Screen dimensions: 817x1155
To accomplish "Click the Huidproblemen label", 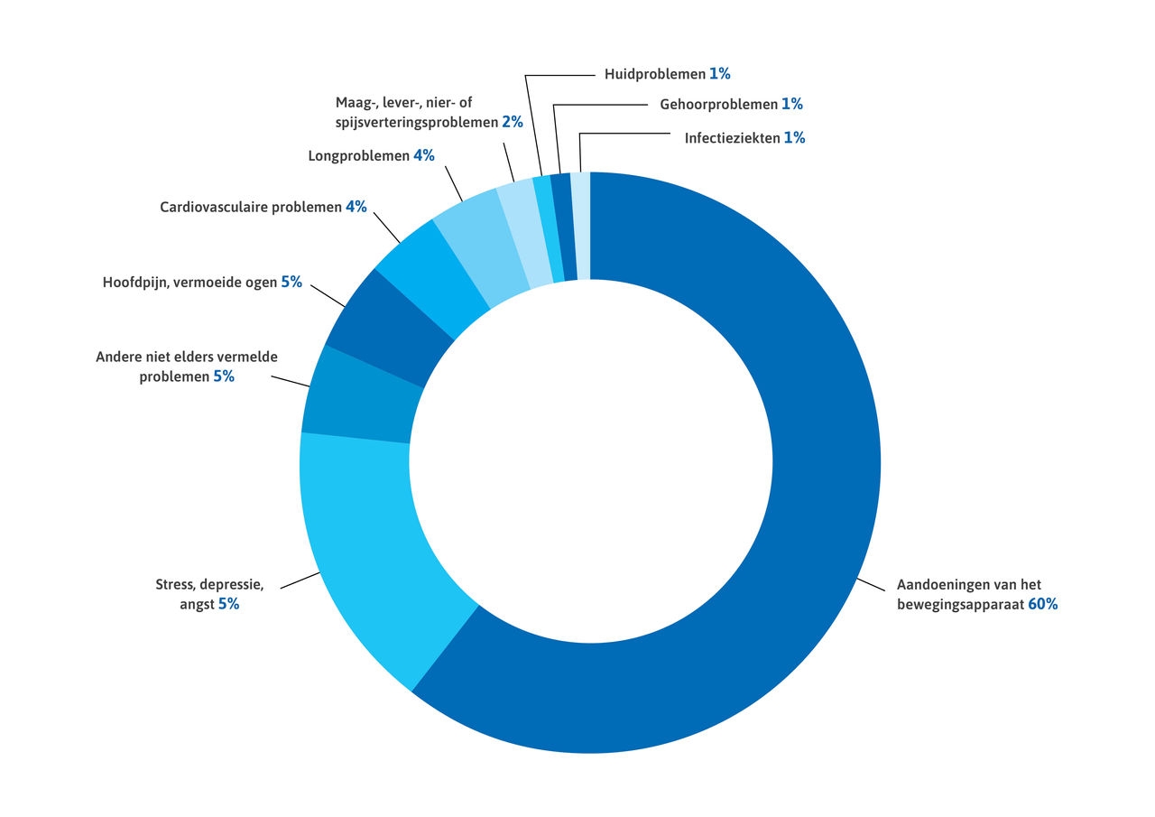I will [x=654, y=74].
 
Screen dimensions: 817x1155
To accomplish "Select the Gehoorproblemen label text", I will [x=717, y=105].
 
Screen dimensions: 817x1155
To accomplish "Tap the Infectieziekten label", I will [x=731, y=139].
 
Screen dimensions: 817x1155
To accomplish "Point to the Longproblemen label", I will [x=358, y=155].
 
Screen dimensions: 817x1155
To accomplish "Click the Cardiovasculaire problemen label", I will [x=251, y=207].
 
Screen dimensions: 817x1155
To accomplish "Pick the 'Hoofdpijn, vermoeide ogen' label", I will [x=189, y=282].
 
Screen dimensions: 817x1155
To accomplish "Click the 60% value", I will [x=1042, y=605].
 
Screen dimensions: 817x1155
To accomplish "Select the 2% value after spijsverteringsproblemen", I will [x=513, y=122].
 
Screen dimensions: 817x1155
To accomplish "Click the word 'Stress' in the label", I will [x=175, y=585].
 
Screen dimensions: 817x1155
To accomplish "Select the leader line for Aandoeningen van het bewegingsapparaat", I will [x=871, y=583].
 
